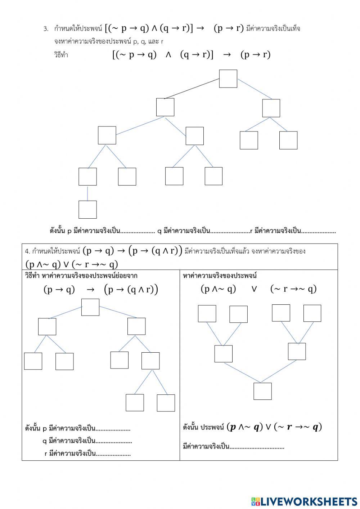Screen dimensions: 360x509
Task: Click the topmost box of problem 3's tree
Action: pos(228,79)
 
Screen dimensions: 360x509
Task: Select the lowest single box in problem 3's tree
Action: pos(87,209)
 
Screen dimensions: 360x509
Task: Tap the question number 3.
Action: pos(46,29)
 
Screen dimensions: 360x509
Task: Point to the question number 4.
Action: pos(27,251)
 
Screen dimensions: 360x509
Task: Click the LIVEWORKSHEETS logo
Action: pos(304,501)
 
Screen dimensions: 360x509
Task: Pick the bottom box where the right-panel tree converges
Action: pos(262,391)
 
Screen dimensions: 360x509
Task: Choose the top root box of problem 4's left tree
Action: pos(90,307)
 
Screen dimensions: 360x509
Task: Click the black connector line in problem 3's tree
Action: pos(192,89)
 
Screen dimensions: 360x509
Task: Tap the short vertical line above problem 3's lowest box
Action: pos(87,193)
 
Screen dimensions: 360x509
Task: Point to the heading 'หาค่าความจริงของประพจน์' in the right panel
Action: pos(220,276)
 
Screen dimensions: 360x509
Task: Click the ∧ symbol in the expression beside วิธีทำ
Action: pos(168,54)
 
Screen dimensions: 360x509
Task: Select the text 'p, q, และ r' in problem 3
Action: pos(148,41)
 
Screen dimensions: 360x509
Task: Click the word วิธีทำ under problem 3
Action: pos(60,55)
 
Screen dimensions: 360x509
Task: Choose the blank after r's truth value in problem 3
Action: pos(319,232)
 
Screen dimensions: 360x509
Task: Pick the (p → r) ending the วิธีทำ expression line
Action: pos(256,54)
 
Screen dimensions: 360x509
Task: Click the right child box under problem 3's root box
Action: pos(271,108)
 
